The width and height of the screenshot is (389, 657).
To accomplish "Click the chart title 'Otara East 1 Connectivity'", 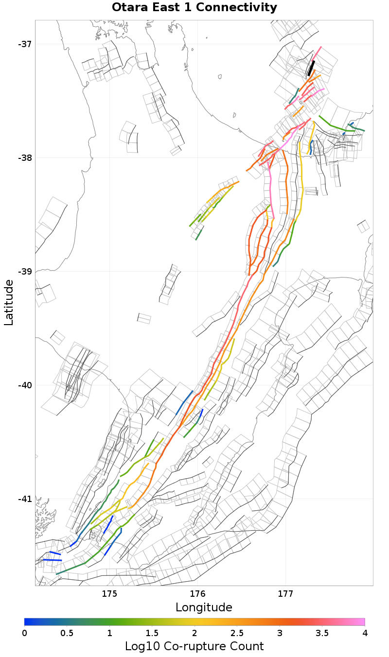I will pyautogui.click(x=194, y=8).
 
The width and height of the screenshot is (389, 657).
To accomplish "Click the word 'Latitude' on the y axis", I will pyautogui.click(x=9, y=302).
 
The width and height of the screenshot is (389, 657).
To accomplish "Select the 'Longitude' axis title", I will pyautogui.click(x=204, y=607).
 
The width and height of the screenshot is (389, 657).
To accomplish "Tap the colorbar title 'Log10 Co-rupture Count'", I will pyautogui.click(x=194, y=646).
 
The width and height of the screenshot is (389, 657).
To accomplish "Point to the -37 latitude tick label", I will pyautogui.click(x=25, y=44).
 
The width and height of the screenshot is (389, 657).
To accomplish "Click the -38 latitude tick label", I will pyautogui.click(x=25, y=158).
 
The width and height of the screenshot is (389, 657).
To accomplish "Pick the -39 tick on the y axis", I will pyautogui.click(x=25, y=272).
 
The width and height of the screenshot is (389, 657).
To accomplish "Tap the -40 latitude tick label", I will pyautogui.click(x=25, y=385).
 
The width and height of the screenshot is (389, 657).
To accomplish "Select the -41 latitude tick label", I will pyautogui.click(x=25, y=499).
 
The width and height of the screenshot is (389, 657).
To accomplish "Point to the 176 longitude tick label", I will pyautogui.click(x=197, y=593).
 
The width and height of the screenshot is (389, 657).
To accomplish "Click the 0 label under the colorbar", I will pyautogui.click(x=25, y=633).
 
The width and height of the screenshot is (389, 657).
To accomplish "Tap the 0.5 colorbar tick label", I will pyautogui.click(x=67, y=633).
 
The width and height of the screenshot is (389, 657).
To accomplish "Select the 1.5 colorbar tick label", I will pyautogui.click(x=152, y=633).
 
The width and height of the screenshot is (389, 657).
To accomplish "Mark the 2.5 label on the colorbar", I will pyautogui.click(x=237, y=633).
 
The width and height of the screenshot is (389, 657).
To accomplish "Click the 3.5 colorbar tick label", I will pyautogui.click(x=322, y=633).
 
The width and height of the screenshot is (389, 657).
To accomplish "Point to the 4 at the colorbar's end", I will pyautogui.click(x=365, y=633).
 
